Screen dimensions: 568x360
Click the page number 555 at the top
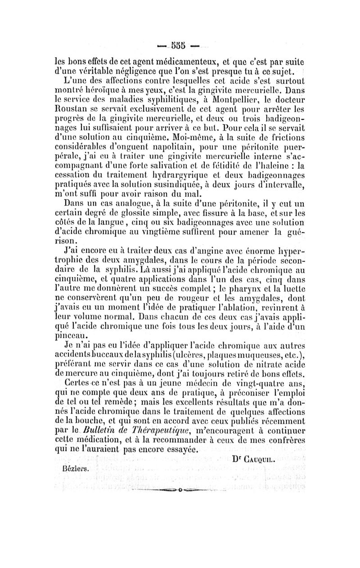coord(180,45)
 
